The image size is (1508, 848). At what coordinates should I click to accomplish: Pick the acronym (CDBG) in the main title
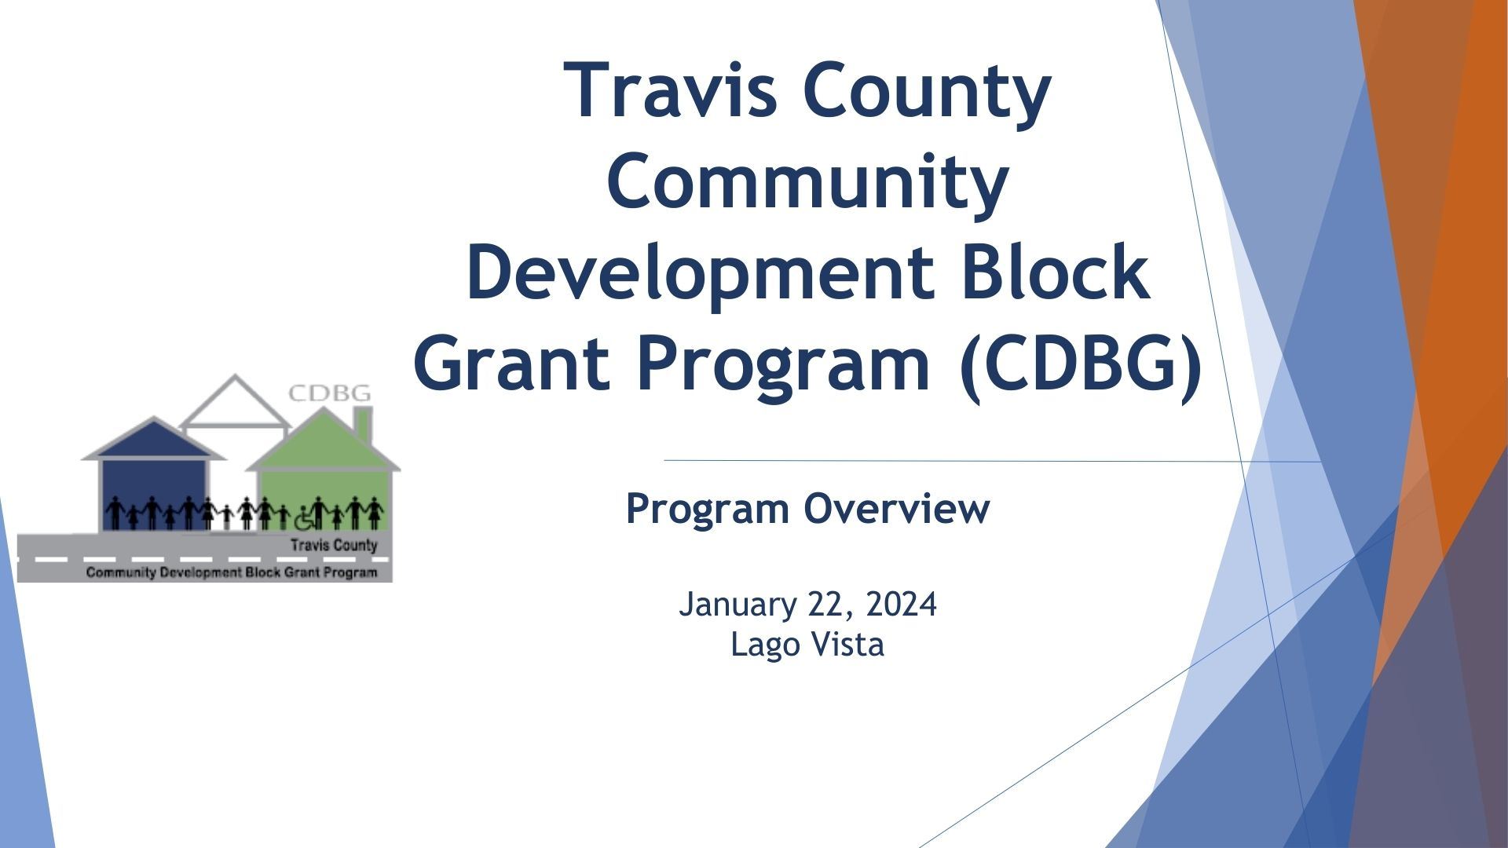point(1081,364)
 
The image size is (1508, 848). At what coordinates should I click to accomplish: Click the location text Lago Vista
point(807,645)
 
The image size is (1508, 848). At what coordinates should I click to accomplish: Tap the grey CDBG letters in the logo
point(330,393)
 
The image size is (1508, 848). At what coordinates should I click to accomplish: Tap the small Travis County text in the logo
point(334,545)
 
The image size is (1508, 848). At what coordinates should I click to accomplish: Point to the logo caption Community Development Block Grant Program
point(232,572)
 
